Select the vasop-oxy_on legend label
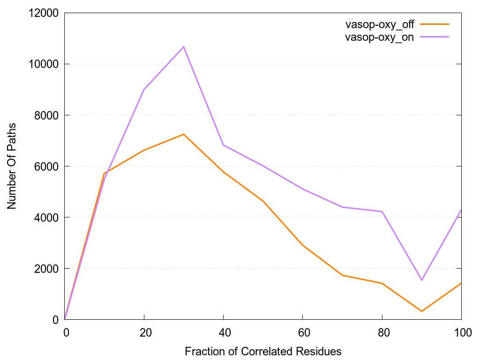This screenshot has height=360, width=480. tap(379, 37)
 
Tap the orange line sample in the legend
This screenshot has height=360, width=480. tap(435, 24)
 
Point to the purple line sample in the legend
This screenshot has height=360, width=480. tap(435, 37)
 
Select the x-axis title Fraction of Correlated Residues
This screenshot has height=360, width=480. tap(263, 351)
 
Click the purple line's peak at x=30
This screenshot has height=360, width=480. tap(184, 47)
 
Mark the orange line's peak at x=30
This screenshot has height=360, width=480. tap(184, 134)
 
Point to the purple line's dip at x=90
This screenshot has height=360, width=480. tap(422, 280)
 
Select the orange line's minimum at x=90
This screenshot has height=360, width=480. tap(422, 311)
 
